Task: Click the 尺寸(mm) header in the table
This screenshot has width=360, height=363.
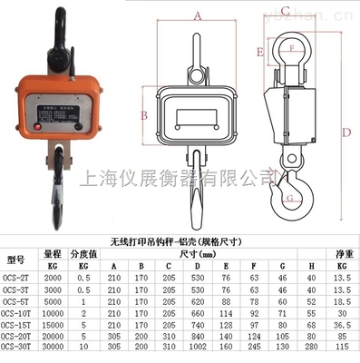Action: pos(209,255)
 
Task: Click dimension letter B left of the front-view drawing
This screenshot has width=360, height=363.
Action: pos(144,114)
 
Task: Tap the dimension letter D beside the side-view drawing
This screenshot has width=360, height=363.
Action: pos(346,132)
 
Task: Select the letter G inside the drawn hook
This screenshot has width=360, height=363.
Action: pos(288,197)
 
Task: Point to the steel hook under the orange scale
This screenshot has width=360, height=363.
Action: pos(56,186)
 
